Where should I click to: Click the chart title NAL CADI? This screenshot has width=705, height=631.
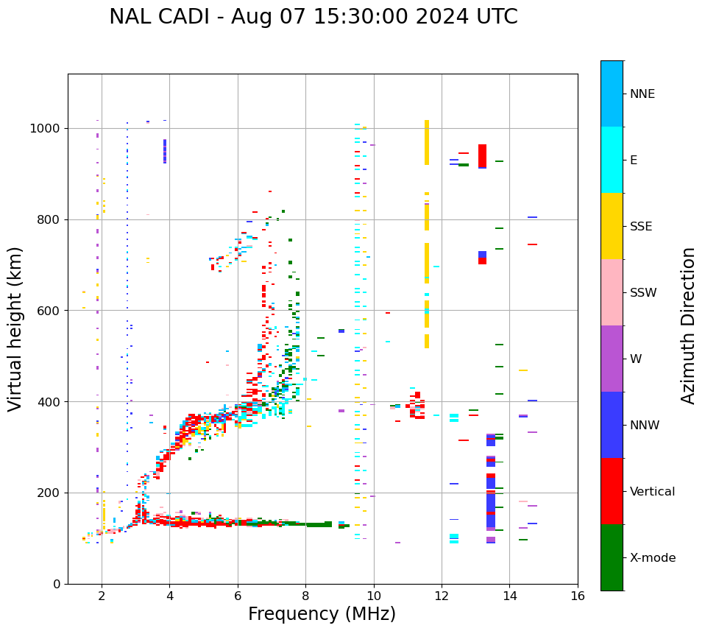point(313,17)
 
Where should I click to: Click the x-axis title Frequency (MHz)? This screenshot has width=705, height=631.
point(322,614)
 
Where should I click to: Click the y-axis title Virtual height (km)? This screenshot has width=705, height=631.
point(15,328)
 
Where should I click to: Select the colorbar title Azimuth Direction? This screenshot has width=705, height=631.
point(688,325)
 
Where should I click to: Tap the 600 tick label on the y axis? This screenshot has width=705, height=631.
point(49,311)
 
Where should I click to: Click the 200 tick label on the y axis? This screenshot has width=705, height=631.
point(49,493)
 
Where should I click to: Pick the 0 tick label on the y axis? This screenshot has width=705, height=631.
point(57,584)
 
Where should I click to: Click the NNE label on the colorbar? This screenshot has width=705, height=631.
point(642,94)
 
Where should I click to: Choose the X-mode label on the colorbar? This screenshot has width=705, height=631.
point(652,557)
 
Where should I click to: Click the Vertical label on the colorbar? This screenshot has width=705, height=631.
point(652,492)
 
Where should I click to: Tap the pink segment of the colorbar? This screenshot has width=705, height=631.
point(612,292)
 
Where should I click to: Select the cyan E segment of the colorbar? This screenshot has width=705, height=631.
point(612,160)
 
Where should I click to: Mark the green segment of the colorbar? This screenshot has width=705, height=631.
point(612,557)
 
